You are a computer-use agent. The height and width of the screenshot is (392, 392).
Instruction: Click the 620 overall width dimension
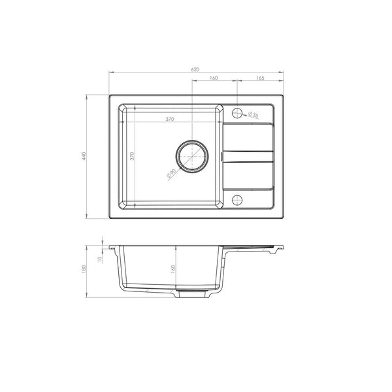click(x=195, y=69)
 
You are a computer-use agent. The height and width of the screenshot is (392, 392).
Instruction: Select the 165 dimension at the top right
click(x=259, y=78)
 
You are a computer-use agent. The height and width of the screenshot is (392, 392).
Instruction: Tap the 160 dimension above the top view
click(x=214, y=78)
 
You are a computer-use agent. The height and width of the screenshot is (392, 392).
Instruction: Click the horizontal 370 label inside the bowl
click(x=169, y=120)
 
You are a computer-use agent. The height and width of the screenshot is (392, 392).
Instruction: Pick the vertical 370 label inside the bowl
click(x=132, y=156)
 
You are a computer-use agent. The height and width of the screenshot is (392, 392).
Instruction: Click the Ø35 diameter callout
click(x=253, y=116)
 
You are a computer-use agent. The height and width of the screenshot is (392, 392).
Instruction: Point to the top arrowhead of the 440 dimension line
click(x=88, y=95)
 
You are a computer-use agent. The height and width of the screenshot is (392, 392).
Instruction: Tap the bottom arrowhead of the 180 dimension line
click(x=88, y=298)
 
